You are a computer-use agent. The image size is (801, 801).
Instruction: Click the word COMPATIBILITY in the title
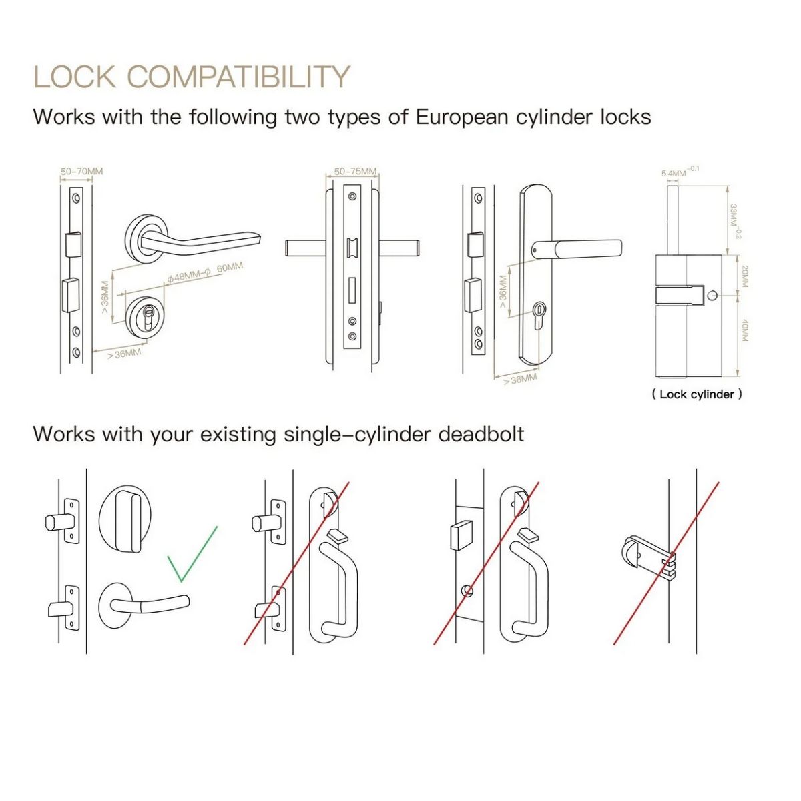point(238,77)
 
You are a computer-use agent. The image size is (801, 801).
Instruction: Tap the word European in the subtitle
point(462,117)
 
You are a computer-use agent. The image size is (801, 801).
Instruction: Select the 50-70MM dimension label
point(81,172)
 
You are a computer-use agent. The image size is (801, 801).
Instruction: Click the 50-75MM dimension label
point(355,172)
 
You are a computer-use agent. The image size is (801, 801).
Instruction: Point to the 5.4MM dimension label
point(674,173)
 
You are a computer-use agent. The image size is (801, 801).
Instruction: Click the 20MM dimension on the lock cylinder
point(744,276)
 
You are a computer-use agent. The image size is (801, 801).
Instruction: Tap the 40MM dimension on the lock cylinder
point(744,330)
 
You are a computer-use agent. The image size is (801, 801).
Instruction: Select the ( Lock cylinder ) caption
point(697,394)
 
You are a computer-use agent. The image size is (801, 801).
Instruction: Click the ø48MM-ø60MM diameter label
point(205,272)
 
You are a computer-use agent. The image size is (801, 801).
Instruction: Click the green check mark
point(192,553)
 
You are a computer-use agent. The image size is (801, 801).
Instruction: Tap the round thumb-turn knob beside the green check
point(123,519)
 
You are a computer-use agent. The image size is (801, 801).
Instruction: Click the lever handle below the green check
point(144,605)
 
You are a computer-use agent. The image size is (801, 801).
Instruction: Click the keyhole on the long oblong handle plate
point(539,314)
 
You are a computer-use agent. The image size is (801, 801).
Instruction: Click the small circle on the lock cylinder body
point(712,296)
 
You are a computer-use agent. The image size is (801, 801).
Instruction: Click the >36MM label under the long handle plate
point(520,379)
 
